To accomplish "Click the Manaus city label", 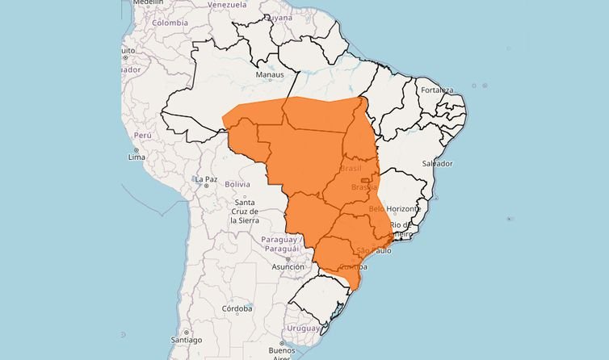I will [x=270, y=75].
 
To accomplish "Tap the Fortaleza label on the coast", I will [x=436, y=90].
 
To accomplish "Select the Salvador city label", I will [x=438, y=164].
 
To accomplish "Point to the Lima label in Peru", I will [x=136, y=157].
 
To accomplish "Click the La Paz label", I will [x=206, y=178].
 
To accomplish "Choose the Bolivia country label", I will [x=237, y=184].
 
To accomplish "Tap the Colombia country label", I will [x=170, y=23].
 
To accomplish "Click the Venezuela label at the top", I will [x=227, y=4].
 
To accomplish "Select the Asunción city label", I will [x=288, y=266].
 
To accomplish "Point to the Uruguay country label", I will [x=304, y=328].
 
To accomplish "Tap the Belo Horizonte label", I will [x=394, y=208].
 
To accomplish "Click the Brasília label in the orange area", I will [x=364, y=187].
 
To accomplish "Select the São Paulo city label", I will [x=373, y=250].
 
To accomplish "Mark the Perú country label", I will [x=142, y=136].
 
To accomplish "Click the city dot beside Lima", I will [x=136, y=150].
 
